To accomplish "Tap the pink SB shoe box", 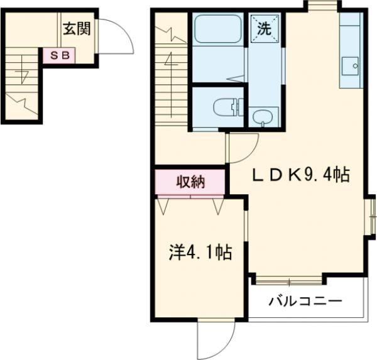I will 58,55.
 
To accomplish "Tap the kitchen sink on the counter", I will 350,65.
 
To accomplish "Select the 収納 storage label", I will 190,182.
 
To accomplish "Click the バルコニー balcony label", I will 305,302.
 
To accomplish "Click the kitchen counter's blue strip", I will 351,50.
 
